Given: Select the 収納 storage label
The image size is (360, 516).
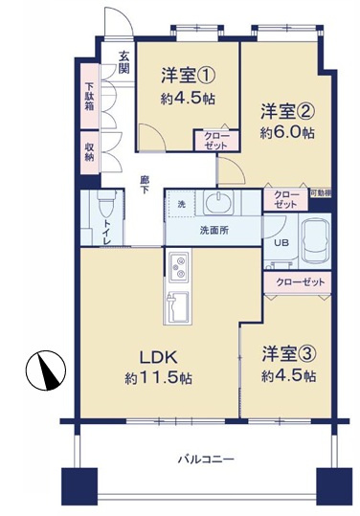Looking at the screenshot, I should [89, 150].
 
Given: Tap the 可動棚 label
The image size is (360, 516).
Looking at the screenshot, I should [323, 194].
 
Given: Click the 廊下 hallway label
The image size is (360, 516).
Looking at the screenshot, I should [145, 184].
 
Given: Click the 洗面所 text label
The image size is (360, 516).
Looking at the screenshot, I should [214, 231].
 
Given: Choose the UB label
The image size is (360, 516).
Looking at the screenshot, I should [281, 242].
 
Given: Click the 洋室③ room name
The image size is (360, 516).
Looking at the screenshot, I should [288, 354].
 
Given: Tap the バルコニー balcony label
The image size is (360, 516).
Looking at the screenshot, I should [206, 459].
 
